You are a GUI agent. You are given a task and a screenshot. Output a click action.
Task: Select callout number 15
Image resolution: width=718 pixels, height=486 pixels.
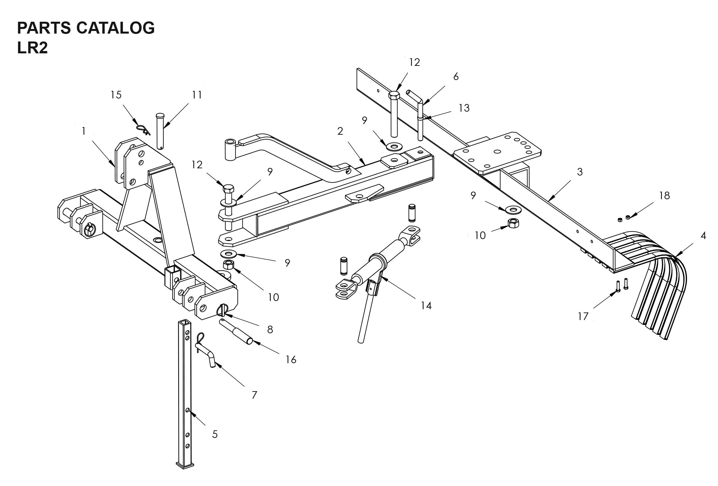116,95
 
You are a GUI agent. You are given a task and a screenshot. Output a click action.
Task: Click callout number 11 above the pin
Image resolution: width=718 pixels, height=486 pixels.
197,95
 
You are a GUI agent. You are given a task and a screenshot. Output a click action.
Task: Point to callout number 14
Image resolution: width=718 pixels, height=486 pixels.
426,306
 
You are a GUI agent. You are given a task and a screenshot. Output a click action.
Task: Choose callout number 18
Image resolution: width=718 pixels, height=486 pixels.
664,196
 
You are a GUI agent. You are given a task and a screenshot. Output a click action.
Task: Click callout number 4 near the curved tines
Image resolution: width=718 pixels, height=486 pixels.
703,236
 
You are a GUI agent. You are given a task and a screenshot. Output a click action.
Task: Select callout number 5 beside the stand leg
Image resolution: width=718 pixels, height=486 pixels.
215,434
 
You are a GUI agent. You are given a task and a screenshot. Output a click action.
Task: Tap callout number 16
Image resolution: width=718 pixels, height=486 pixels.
291,360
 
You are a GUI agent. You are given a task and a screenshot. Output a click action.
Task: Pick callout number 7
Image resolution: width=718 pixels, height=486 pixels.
254,395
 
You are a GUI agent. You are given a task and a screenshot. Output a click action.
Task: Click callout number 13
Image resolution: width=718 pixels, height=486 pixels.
464,108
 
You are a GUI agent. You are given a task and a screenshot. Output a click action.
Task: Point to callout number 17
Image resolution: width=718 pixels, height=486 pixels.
583,316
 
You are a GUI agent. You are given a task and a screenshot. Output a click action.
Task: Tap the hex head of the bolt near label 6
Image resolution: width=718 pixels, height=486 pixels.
394,95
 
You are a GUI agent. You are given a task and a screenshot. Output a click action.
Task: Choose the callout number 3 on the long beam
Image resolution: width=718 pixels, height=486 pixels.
580,172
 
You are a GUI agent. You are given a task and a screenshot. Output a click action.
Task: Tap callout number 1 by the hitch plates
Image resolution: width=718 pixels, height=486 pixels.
84,131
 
